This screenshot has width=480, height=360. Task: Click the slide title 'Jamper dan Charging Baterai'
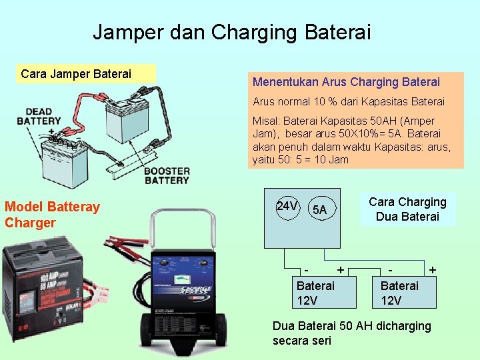click(x=231, y=32)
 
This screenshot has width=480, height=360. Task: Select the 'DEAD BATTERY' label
click(x=39, y=116)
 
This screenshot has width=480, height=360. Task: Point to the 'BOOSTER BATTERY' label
click(x=167, y=175)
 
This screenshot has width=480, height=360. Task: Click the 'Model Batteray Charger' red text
click(x=52, y=214)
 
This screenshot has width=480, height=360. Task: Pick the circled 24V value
click(x=287, y=207)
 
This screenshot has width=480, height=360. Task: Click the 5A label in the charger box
click(x=319, y=210)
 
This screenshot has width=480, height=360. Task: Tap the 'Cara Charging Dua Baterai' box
click(x=407, y=209)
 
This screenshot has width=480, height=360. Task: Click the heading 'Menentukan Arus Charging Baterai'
click(x=346, y=82)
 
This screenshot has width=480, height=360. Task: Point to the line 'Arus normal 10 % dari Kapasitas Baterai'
click(x=348, y=102)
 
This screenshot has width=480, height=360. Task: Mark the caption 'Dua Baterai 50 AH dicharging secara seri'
click(x=351, y=333)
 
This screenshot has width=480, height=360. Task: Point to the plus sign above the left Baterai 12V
click(x=341, y=270)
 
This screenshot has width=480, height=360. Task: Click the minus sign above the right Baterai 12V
click(x=391, y=270)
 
